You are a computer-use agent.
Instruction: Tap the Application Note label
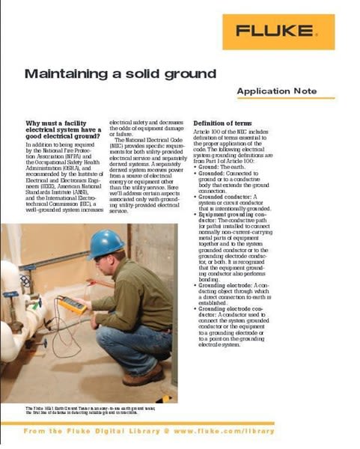point(276,91)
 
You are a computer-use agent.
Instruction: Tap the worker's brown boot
point(142,376)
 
